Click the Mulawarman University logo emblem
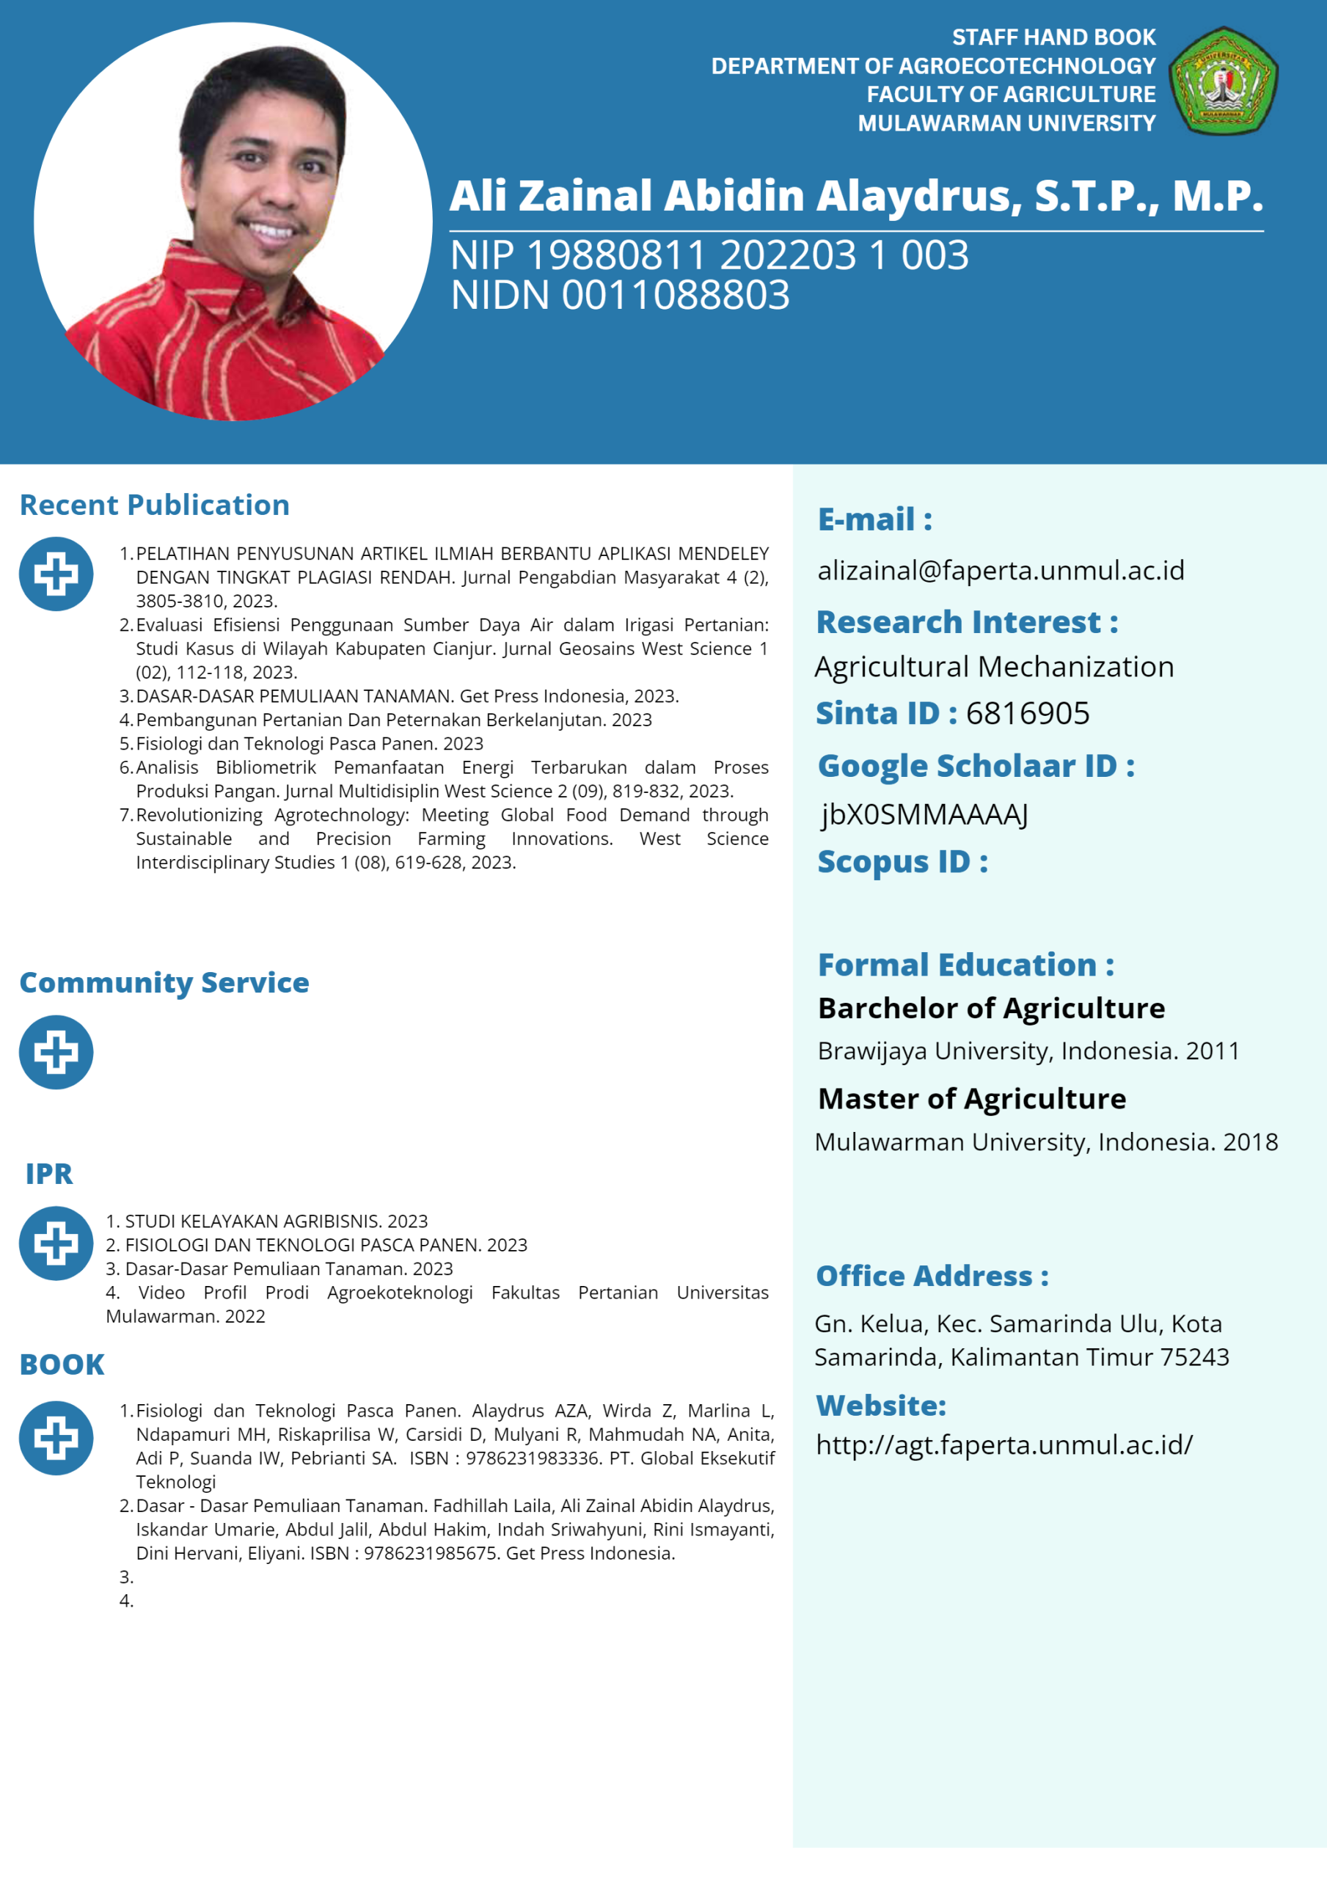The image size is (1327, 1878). coord(1223,81)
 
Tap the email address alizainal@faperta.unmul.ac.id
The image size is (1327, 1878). coord(1001,570)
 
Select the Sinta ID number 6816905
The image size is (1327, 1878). coord(1028,713)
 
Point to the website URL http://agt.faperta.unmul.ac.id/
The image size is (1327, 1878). coord(1004,1444)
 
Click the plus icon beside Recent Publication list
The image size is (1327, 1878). coord(56,574)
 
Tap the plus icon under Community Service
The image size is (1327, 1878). coord(56,1052)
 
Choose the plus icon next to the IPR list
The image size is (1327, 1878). coord(56,1243)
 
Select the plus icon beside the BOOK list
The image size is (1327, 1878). coord(56,1438)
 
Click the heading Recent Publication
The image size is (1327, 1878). coord(155,505)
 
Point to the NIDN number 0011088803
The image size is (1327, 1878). coord(675,296)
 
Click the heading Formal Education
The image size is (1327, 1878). coord(965,965)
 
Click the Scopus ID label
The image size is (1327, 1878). coord(902,862)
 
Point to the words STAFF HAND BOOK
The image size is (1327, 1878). coord(1053,37)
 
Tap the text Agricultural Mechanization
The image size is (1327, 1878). coord(994,667)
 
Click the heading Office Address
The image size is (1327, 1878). coord(932,1276)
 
